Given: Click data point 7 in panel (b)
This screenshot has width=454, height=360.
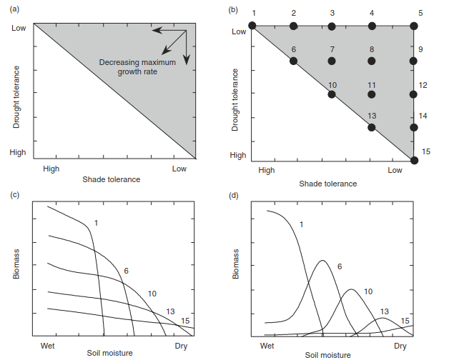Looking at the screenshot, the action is click(332, 61).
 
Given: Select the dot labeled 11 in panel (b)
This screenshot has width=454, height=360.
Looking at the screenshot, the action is click(372, 94).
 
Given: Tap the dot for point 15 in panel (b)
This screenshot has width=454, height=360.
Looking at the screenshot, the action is click(415, 160).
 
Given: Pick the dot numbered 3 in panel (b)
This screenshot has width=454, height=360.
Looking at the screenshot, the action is click(332, 26).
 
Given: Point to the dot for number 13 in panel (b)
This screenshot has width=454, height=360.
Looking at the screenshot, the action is click(372, 128).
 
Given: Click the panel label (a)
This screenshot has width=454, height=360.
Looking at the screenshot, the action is click(14, 9).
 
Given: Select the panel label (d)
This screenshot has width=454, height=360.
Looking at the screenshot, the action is click(233, 196).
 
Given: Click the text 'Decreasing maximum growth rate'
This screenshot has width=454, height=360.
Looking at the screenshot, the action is click(137, 67).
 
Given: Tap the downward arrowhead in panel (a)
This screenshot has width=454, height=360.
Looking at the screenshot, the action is click(187, 59).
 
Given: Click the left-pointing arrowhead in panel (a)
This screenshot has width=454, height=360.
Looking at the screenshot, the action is click(157, 30).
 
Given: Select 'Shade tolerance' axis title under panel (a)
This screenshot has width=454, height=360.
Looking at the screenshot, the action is click(112, 179).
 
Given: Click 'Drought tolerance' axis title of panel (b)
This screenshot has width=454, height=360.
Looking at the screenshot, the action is click(235, 100).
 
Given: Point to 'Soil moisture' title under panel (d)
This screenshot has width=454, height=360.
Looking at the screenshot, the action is click(327, 355).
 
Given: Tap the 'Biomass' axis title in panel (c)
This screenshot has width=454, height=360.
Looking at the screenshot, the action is click(16, 264).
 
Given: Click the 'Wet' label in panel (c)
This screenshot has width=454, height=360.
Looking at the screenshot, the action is click(47, 346).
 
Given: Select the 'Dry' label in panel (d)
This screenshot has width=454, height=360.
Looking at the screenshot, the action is click(400, 346).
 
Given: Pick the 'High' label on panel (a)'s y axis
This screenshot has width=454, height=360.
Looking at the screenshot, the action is click(18, 152).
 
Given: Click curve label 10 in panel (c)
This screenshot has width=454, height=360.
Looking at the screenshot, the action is click(152, 294).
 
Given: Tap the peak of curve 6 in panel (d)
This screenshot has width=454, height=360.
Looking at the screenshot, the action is click(322, 261).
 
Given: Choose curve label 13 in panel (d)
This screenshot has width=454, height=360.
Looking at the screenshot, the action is click(384, 311).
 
